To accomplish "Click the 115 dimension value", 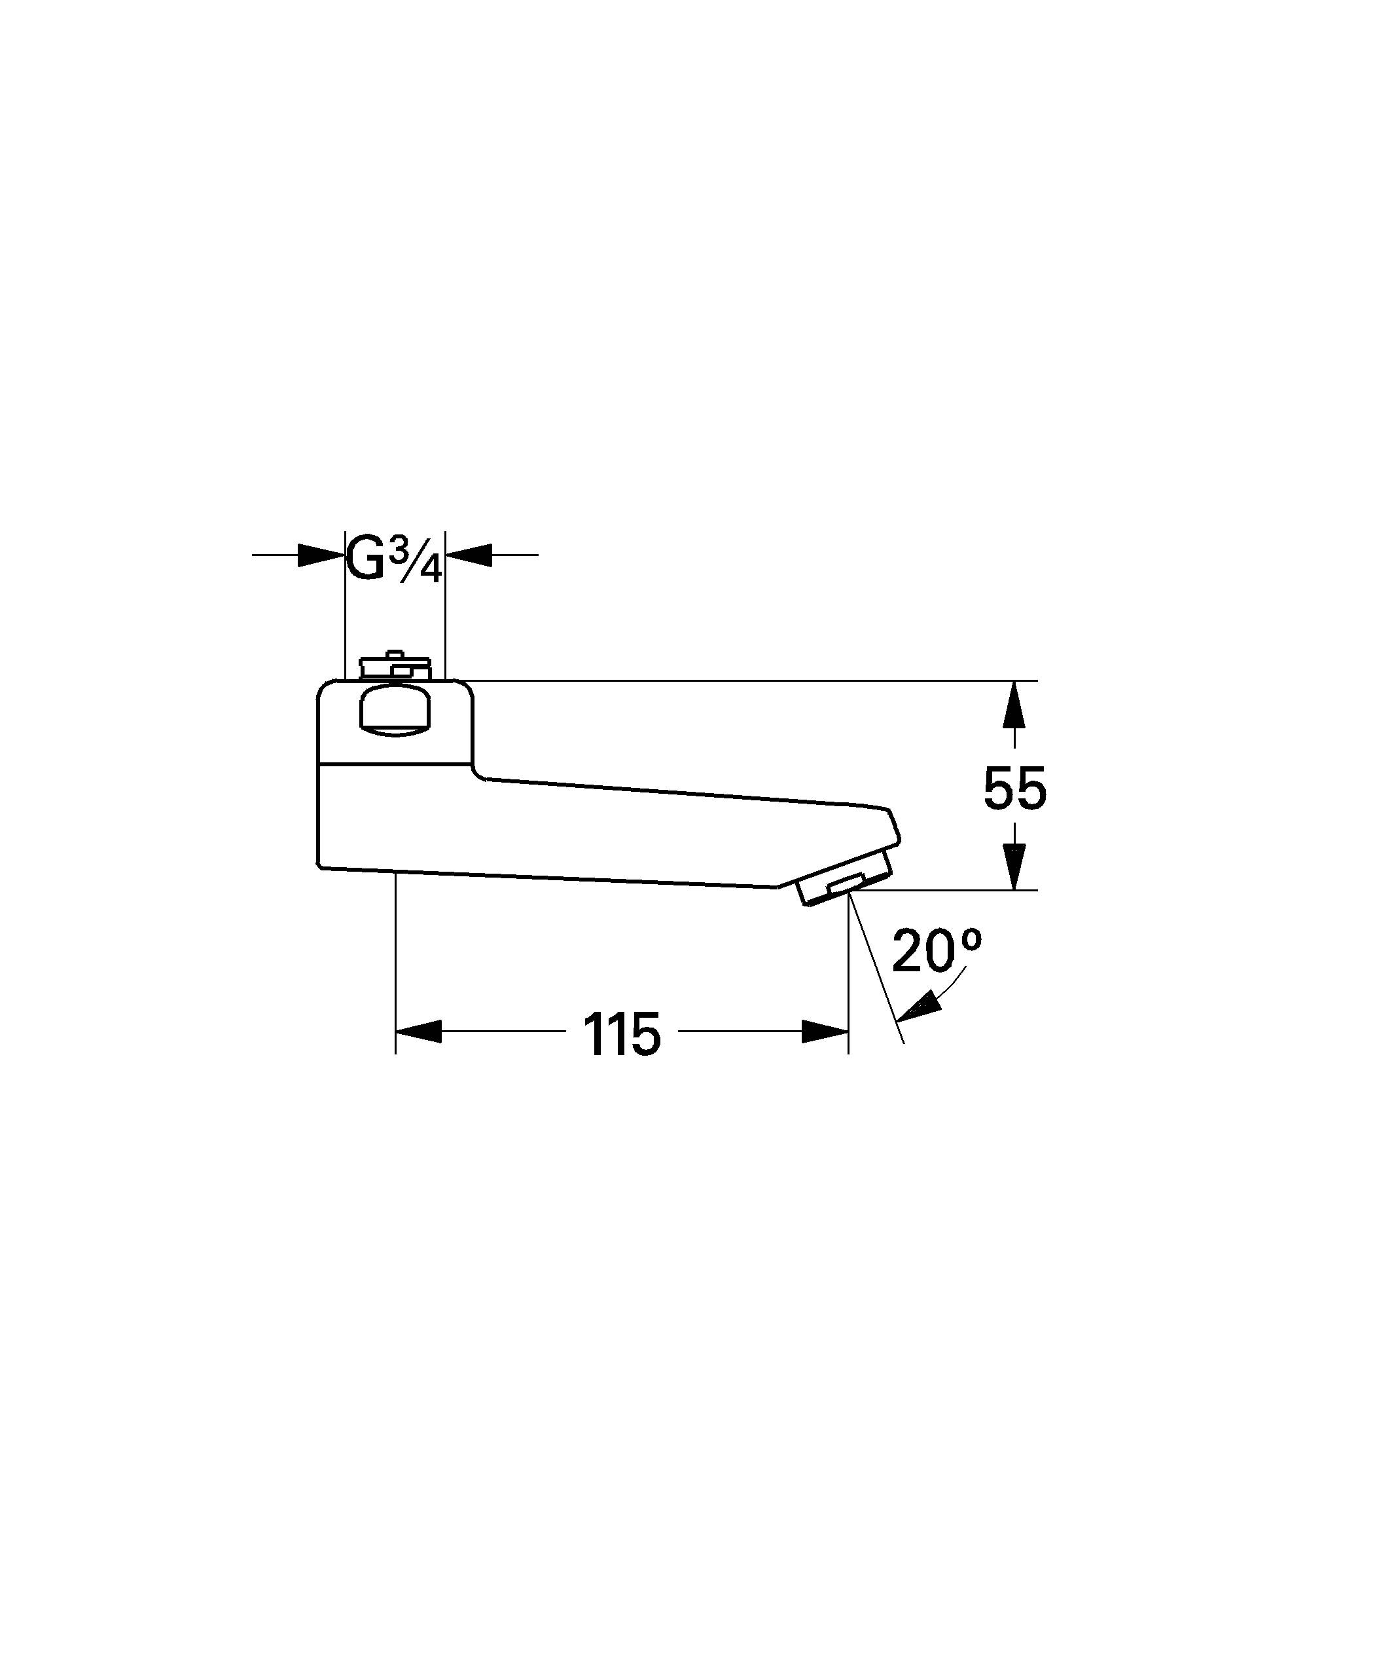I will [x=622, y=1034].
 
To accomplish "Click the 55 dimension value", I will [x=1014, y=788].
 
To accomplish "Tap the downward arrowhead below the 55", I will [x=1014, y=867].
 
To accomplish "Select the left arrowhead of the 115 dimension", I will [x=418, y=1031].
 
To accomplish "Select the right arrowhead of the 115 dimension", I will [x=825, y=1031].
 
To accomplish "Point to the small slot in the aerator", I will [x=846, y=884].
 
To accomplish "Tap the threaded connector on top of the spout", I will [x=394, y=667].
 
